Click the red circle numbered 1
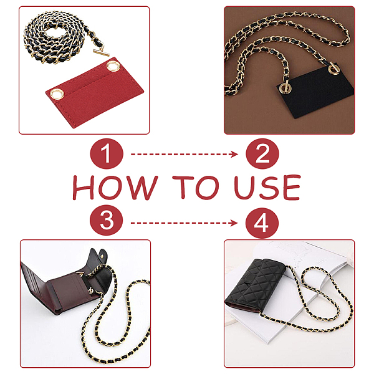(x=107, y=154)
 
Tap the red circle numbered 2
(x=262, y=154)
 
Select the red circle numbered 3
(x=107, y=220)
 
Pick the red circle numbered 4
(x=262, y=223)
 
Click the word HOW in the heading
(x=115, y=188)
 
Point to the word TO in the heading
(x=196, y=188)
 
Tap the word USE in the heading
(x=267, y=188)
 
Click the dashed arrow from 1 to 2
(x=184, y=155)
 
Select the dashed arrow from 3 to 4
(x=184, y=223)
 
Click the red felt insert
(x=95, y=93)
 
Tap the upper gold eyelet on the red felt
(x=113, y=66)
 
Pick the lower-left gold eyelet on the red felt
(x=57, y=93)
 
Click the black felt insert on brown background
(x=315, y=90)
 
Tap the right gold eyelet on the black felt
(x=333, y=69)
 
